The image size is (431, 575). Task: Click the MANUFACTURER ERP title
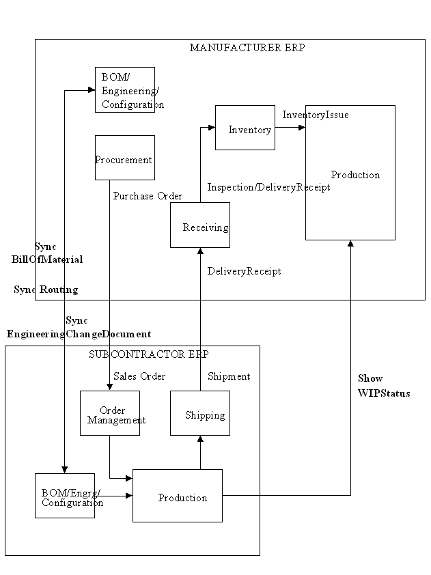(247, 48)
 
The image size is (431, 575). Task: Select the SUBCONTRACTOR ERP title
(148, 354)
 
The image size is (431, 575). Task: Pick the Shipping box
(199, 413)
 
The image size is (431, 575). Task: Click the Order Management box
(109, 413)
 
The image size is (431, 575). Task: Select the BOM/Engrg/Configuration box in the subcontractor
(65, 496)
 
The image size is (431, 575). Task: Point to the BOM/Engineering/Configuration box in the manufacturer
(124, 89)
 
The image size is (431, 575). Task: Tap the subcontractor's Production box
(177, 496)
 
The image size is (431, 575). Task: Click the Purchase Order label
(148, 196)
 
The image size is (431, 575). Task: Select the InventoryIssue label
(316, 115)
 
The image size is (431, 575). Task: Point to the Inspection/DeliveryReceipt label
(268, 187)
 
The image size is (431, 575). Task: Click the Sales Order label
(139, 376)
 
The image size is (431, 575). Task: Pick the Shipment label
(229, 376)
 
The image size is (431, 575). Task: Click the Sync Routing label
(46, 290)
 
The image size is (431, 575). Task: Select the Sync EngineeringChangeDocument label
(79, 327)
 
